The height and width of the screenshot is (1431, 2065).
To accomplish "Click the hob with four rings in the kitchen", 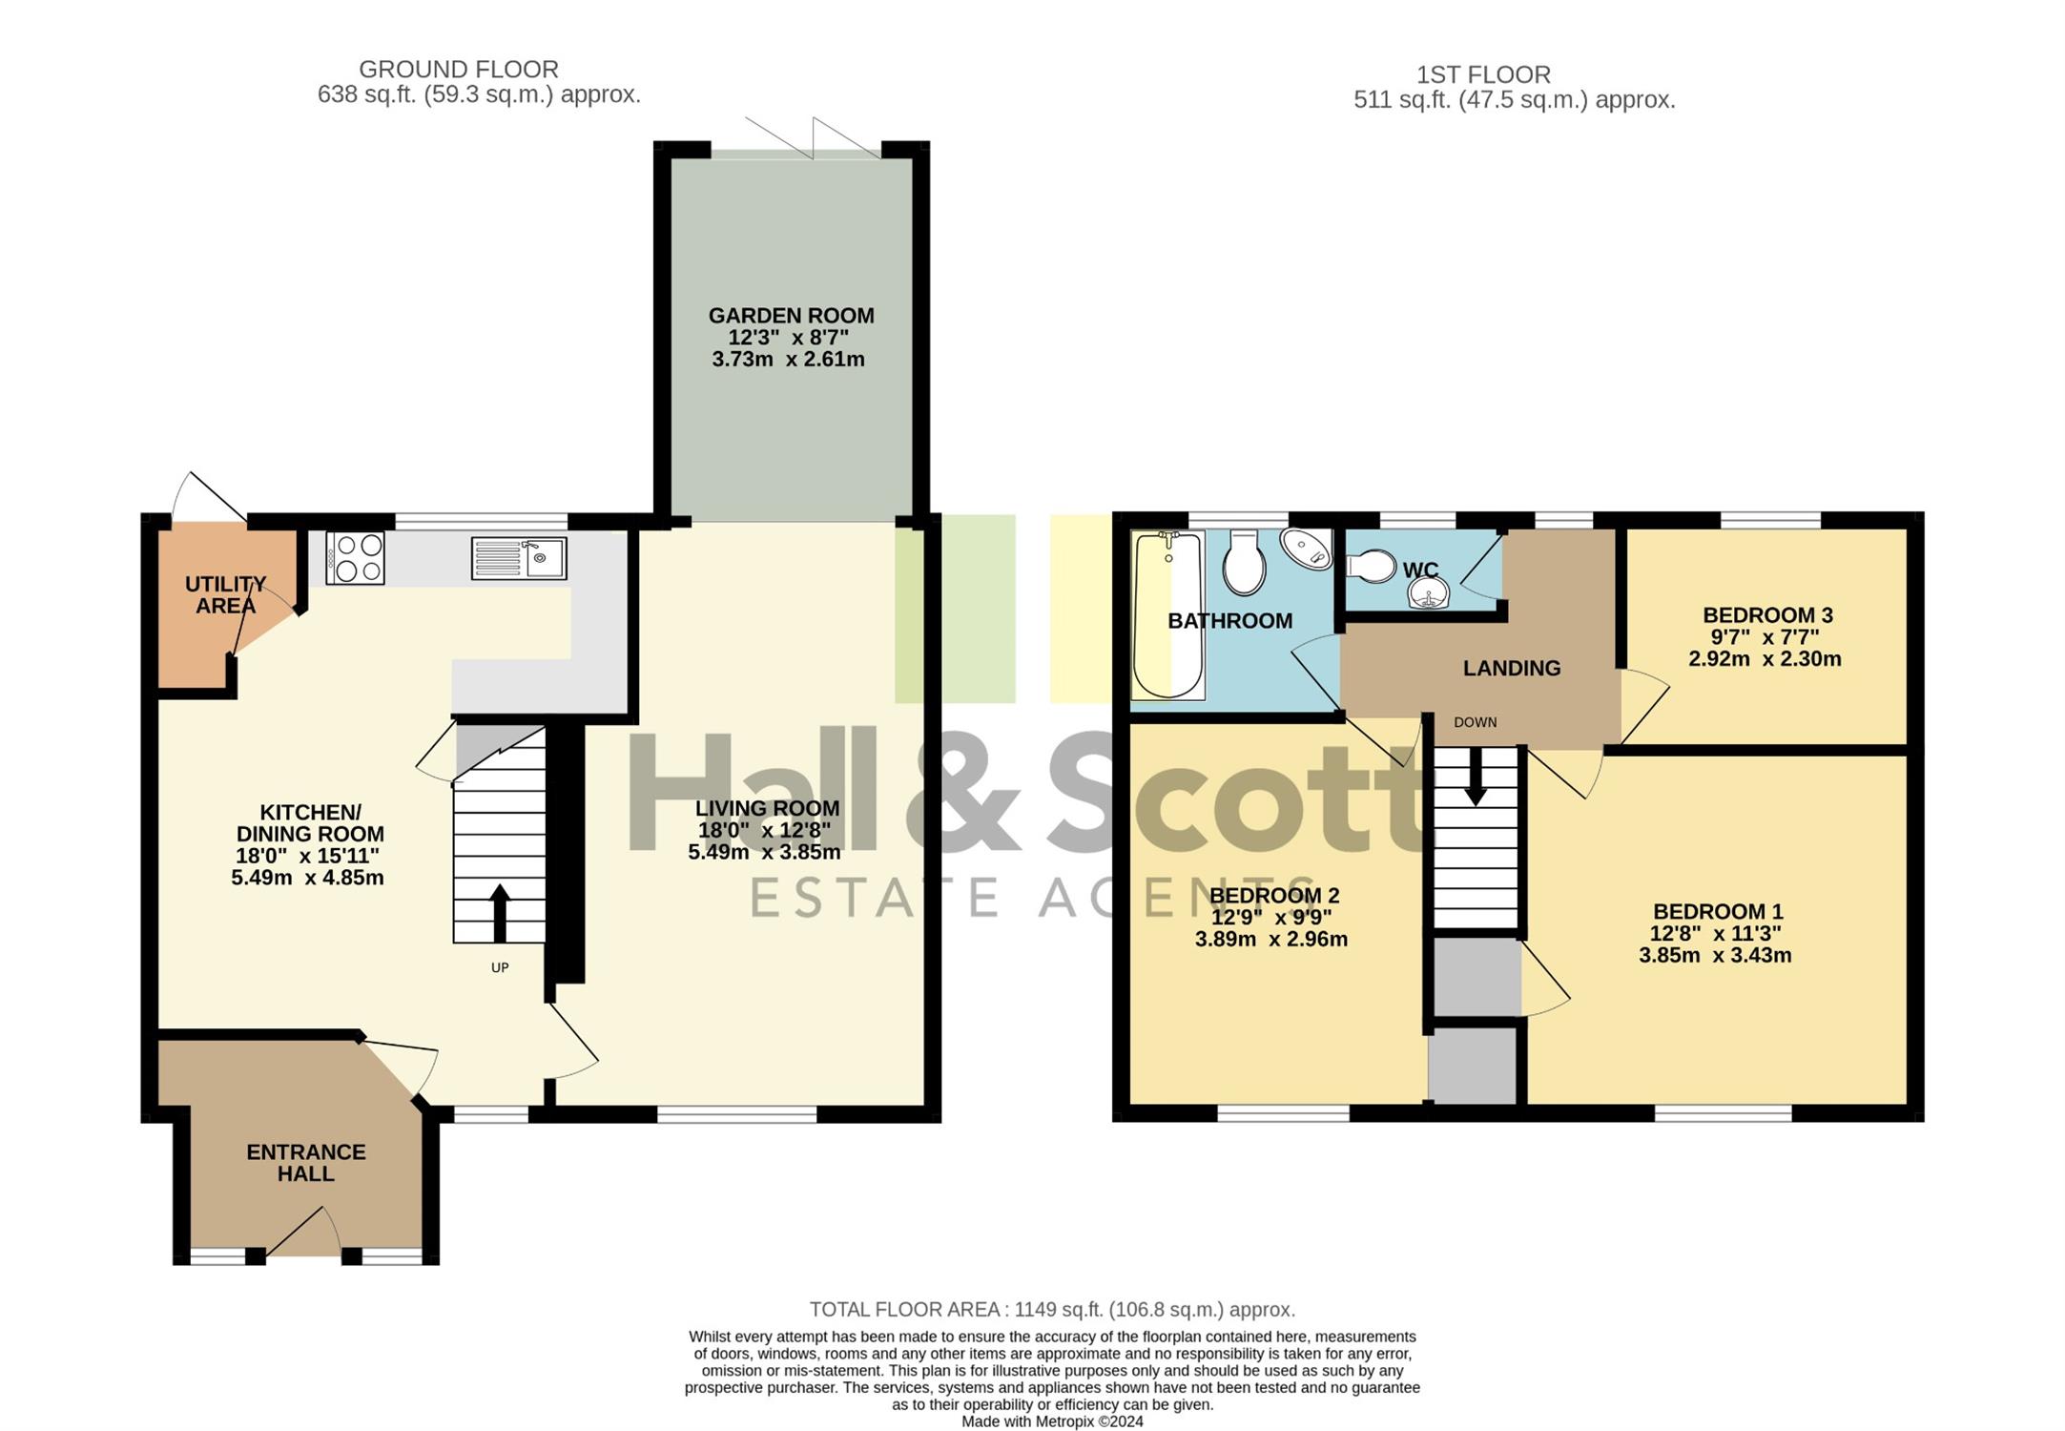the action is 355,557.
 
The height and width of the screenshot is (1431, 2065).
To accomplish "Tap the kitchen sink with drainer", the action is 519,558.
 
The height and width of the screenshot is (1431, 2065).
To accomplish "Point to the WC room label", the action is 1420,570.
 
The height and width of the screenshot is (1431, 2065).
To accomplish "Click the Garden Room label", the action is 791,316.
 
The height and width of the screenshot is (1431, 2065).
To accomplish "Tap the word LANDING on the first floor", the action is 1512,669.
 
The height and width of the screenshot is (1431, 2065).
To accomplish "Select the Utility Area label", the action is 226,594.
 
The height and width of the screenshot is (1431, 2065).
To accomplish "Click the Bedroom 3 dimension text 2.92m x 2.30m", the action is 1765,659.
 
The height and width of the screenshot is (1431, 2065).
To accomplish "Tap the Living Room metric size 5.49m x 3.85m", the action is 765,852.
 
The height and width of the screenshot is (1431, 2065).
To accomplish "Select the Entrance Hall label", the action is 306,1163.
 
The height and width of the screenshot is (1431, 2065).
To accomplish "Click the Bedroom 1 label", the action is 1718,912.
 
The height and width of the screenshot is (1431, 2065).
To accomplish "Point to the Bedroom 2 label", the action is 1274,896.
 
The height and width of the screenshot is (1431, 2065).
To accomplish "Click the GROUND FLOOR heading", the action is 459,70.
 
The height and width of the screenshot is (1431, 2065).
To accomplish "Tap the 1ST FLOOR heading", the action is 1483,74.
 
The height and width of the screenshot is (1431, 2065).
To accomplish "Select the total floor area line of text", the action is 1052,1310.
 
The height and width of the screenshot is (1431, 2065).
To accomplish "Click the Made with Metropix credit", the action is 1052,1421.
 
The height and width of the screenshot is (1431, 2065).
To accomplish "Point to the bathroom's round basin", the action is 1306,549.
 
